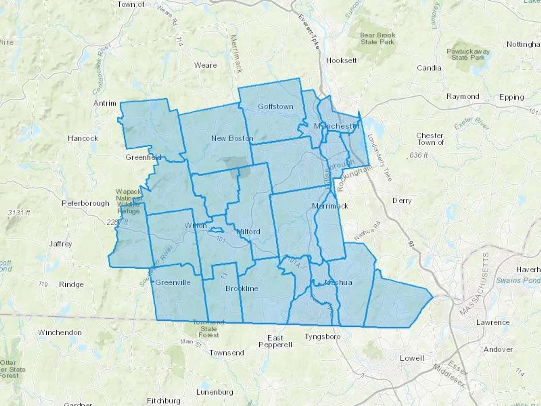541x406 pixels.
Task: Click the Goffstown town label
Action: [276, 106]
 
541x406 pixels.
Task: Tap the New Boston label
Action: [232, 138]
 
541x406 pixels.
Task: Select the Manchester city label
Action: [337, 126]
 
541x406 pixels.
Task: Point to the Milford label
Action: [248, 232]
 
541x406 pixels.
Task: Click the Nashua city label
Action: [338, 282]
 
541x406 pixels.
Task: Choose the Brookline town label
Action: [242, 289]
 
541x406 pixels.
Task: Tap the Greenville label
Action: [173, 282]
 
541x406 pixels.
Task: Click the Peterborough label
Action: [85, 203]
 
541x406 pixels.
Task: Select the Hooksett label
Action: [341, 60]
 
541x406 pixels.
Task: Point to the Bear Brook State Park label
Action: [377, 38]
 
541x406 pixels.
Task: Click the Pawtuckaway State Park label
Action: [468, 54]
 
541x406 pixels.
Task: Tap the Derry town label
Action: [402, 201]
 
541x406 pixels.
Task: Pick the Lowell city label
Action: [412, 358]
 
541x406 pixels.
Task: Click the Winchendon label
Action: [60, 332]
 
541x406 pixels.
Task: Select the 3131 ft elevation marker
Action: [19, 213]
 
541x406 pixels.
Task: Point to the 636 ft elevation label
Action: [419, 155]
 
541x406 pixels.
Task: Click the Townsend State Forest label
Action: [209, 329]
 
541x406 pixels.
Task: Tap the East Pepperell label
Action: [275, 341]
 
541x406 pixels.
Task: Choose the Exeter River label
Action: [472, 123]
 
